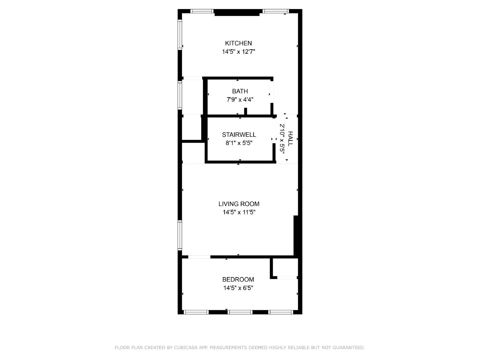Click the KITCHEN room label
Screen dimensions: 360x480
[x=238, y=43]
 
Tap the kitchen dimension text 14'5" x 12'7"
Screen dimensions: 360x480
[x=238, y=52]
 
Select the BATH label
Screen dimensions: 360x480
[x=240, y=91]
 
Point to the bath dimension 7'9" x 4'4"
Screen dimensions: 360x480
[x=240, y=100]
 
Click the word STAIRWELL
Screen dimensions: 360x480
[x=239, y=135]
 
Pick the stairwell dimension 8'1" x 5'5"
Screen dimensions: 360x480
[x=239, y=143]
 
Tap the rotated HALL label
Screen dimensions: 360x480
[x=290, y=139]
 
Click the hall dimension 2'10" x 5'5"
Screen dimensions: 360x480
[x=282, y=139]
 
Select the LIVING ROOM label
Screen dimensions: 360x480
[x=239, y=204]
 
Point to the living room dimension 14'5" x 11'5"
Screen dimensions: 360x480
[x=239, y=212]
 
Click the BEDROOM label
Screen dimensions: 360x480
[x=238, y=280]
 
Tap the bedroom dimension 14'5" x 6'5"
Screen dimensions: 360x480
[x=238, y=288]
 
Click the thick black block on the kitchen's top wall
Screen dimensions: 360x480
[x=237, y=13]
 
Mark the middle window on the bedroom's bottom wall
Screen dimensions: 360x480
[x=240, y=312]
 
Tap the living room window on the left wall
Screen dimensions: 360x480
[x=180, y=235]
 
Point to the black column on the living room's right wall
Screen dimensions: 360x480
[x=296, y=235]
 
